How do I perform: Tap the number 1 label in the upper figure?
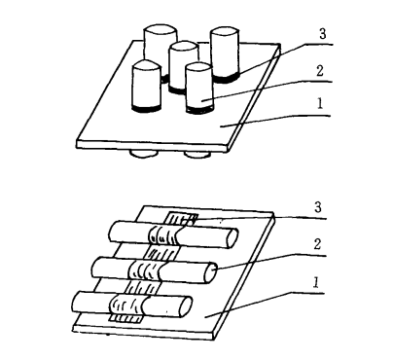322,109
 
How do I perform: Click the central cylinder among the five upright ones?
182,66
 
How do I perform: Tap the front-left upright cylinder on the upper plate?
146,86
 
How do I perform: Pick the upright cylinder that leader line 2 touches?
199,87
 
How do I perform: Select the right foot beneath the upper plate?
198,155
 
